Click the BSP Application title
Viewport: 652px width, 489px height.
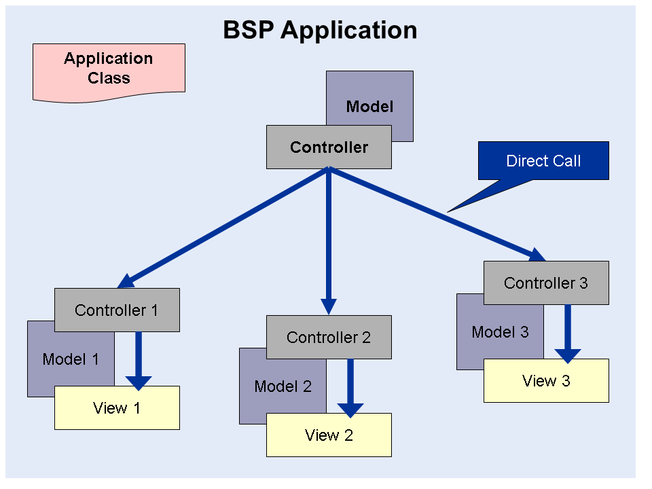(320, 30)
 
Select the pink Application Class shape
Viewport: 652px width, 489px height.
(109, 69)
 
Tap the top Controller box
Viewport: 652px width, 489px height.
(329, 147)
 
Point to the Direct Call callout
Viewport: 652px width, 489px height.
(543, 161)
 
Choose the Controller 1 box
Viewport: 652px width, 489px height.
(117, 310)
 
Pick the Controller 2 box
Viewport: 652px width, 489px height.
(329, 338)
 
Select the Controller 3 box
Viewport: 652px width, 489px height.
(546, 283)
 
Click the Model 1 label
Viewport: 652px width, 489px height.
(71, 359)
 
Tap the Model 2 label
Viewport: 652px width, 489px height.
(283, 386)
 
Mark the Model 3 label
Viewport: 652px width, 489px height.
(500, 332)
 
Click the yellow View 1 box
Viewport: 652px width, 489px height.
(117, 408)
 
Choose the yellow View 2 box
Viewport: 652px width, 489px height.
(329, 435)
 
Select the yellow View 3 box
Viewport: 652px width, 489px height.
(546, 381)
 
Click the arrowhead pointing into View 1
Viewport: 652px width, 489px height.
(139, 382)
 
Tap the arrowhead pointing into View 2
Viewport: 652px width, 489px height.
(350, 409)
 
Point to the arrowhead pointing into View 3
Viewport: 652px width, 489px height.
(568, 355)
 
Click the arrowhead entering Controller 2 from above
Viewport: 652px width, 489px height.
(329, 307)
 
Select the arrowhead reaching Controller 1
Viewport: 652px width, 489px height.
(126, 282)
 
